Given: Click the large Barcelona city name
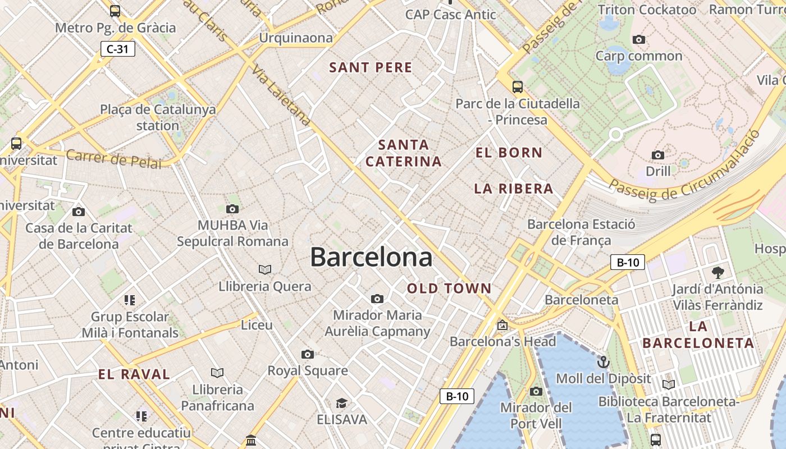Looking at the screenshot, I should pyautogui.click(x=371, y=258).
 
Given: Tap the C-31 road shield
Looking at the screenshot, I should pyautogui.click(x=118, y=49).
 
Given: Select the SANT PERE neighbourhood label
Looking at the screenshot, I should pyautogui.click(x=371, y=68).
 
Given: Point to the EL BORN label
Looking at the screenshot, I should pyautogui.click(x=509, y=153).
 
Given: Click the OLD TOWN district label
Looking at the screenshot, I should pyautogui.click(x=449, y=289).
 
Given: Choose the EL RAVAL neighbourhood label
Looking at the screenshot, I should pyautogui.click(x=134, y=374).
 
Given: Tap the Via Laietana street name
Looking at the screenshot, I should pyautogui.click(x=281, y=94).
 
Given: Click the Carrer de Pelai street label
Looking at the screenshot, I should pyautogui.click(x=113, y=159).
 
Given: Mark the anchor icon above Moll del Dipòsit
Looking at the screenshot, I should pyautogui.click(x=604, y=362).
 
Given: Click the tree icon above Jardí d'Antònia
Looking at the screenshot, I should pyautogui.click(x=718, y=273).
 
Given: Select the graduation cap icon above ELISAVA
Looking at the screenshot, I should pyautogui.click(x=341, y=404).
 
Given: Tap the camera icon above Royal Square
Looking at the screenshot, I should pyautogui.click(x=307, y=354).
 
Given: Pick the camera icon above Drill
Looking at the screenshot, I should pyautogui.click(x=657, y=155).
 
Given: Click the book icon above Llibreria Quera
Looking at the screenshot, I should pyautogui.click(x=264, y=270).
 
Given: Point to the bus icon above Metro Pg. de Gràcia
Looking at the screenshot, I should pyautogui.click(x=115, y=11).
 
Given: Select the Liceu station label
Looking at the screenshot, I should pyautogui.click(x=257, y=325).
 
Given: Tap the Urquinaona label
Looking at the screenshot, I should pyautogui.click(x=295, y=38).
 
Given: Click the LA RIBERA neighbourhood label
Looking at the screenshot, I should pyautogui.click(x=514, y=189).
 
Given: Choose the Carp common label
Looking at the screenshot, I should pyautogui.click(x=638, y=56).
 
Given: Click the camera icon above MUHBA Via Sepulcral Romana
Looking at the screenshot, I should pyautogui.click(x=232, y=209).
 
